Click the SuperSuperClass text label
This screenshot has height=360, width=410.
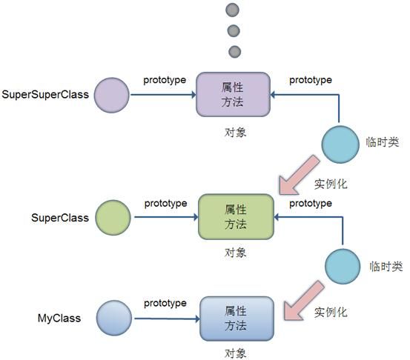point(45,95)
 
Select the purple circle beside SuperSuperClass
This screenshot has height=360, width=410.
point(112,95)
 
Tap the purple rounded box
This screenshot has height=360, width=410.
point(233,94)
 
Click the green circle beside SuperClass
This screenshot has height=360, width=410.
point(113,218)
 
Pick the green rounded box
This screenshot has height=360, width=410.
point(236,217)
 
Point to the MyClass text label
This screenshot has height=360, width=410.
point(59,319)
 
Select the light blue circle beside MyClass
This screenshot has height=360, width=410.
point(114,318)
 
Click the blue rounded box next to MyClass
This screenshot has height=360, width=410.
point(237,319)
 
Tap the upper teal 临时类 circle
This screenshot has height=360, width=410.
point(340,144)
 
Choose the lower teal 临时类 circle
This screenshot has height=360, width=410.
point(343,267)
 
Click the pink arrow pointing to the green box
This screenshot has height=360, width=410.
point(298,176)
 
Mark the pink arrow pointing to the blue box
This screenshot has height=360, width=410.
point(302,301)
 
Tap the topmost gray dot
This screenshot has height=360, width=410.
point(232,10)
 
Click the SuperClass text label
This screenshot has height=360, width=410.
point(60,218)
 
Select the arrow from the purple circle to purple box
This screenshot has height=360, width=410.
point(163,95)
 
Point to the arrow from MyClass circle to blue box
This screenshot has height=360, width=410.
point(167,319)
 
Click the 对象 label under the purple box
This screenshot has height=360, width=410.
point(235,133)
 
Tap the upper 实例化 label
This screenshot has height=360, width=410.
point(331,184)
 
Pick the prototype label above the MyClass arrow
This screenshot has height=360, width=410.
point(165,303)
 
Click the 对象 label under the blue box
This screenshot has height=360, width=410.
point(235,353)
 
